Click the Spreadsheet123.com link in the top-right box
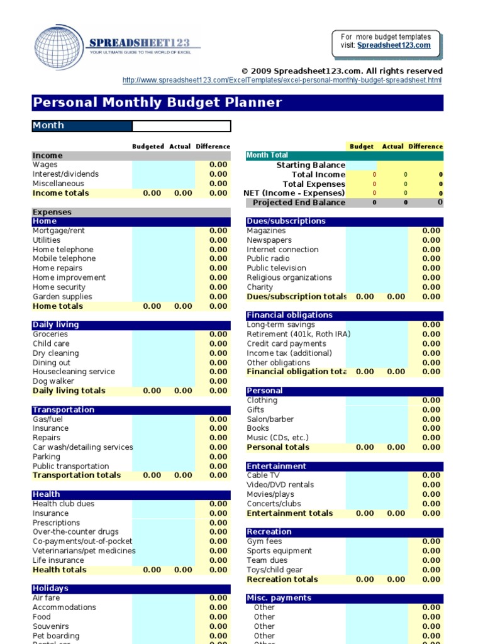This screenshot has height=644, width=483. [394, 45]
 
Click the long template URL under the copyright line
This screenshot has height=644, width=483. [282, 80]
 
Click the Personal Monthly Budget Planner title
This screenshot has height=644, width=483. [157, 103]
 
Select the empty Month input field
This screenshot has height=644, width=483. [181, 126]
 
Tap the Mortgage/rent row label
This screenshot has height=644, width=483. [58, 231]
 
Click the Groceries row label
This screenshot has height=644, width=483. [50, 334]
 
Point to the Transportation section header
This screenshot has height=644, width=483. [64, 409]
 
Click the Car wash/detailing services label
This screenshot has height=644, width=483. [83, 447]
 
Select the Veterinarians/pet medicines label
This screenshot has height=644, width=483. [84, 551]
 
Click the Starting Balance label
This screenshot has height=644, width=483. [311, 165]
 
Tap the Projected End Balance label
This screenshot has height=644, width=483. [299, 203]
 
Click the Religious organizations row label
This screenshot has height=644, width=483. [289, 277]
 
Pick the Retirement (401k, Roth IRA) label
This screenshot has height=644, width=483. [298, 334]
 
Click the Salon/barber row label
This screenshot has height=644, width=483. [270, 419]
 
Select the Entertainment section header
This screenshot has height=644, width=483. [277, 466]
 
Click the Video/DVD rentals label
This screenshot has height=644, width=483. [280, 485]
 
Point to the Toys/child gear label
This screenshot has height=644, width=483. [274, 570]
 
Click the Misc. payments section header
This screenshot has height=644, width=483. [279, 598]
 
